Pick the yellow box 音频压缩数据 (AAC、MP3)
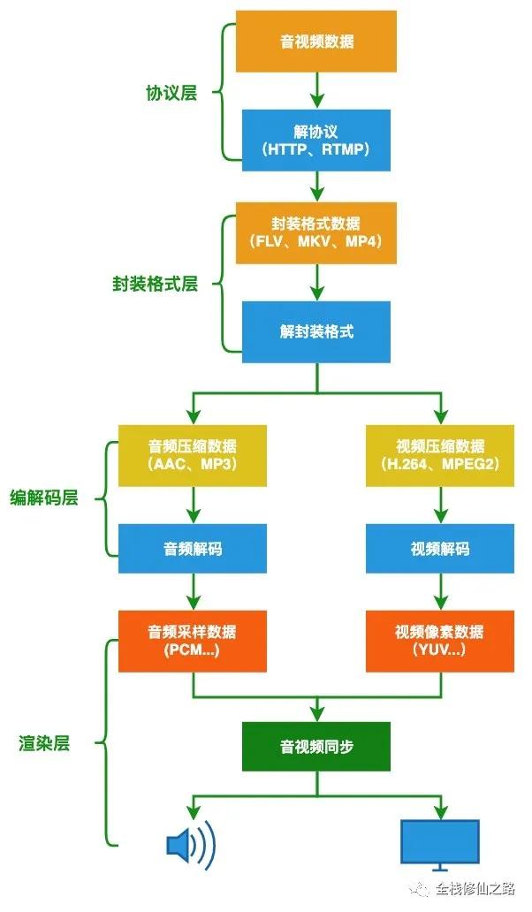coord(192,455)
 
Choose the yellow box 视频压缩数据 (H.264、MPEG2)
coord(440,455)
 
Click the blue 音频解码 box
coord(192,549)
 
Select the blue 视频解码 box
coord(440,549)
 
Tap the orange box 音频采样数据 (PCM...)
coord(192,641)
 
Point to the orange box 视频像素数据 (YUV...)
coord(440,641)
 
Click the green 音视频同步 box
coord(315,747)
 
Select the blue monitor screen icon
coord(440,840)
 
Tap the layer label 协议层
coord(171,93)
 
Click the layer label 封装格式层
coord(155,284)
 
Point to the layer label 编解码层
coord(44,498)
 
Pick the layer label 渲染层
coord(44,742)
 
